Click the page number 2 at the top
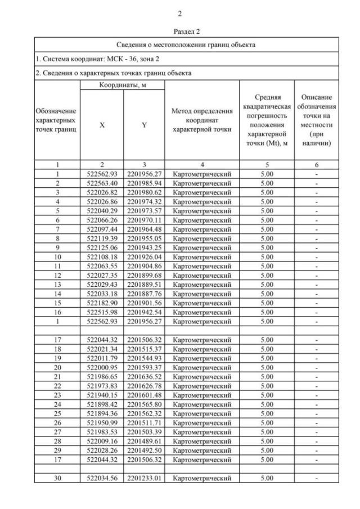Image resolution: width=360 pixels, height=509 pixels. [180, 13]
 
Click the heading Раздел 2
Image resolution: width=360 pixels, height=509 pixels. [180, 32]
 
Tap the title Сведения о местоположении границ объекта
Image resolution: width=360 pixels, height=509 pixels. [186, 44]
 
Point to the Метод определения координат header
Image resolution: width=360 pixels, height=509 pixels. [202, 120]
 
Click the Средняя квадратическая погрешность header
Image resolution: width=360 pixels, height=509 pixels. [267, 120]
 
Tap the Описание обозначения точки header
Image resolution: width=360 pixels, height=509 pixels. [317, 120]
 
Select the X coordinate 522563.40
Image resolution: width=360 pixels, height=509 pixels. [102, 183]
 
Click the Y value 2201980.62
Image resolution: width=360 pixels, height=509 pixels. [144, 192]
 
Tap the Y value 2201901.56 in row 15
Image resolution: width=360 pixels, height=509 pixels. [144, 303]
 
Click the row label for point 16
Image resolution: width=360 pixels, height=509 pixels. [57, 312]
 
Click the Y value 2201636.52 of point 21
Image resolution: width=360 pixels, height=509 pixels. [144, 377]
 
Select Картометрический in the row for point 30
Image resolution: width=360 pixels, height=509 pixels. [202, 478]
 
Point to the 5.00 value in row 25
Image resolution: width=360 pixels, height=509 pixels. [267, 413]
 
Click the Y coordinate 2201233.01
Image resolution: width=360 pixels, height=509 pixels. [144, 478]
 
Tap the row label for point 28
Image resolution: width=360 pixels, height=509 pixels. [57, 441]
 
